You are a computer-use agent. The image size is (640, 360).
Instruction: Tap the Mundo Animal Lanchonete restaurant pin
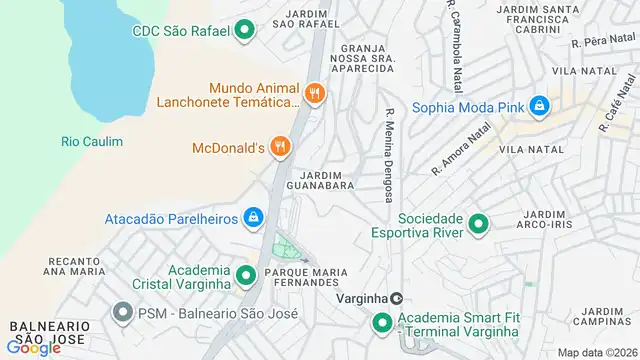pos(314,94)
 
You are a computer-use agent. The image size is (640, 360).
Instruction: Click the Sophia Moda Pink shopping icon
pos(539,105)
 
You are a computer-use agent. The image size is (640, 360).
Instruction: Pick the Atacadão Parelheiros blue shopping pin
pos(254,218)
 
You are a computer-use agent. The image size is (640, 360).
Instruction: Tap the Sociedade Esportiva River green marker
pos(478,225)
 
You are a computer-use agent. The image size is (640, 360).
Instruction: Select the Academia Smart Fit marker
pos(382,323)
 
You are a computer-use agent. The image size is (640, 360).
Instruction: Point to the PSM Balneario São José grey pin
pos(123,313)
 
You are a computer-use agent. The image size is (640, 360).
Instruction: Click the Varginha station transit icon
pos(397,298)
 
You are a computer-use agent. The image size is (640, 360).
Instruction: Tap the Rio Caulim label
pos(92,142)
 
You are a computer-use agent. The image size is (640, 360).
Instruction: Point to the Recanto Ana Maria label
pos(75,264)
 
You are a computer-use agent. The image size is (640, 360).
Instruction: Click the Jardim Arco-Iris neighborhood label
pos(550,219)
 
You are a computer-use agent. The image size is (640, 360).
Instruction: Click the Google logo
pos(33,347)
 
